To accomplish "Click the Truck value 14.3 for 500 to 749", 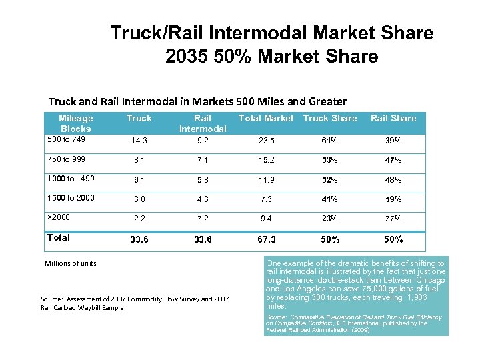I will (x=139, y=141).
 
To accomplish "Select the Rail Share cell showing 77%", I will (x=393, y=218).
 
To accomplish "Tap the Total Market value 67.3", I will (x=266, y=239).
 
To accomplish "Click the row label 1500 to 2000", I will (x=71, y=197).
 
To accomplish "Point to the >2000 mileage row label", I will (x=59, y=217).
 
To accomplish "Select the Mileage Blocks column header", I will (x=76, y=123).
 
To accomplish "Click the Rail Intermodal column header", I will (x=203, y=123).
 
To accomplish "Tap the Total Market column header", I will (x=266, y=118).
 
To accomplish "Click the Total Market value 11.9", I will (x=266, y=180).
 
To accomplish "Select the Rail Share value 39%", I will (x=393, y=141).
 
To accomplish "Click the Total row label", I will (x=59, y=237).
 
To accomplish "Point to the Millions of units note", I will (x=71, y=263).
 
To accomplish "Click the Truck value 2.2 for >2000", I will (x=139, y=218).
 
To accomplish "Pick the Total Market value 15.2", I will (x=266, y=160).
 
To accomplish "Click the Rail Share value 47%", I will (x=393, y=160).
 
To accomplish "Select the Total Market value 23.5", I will (x=266, y=141).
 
